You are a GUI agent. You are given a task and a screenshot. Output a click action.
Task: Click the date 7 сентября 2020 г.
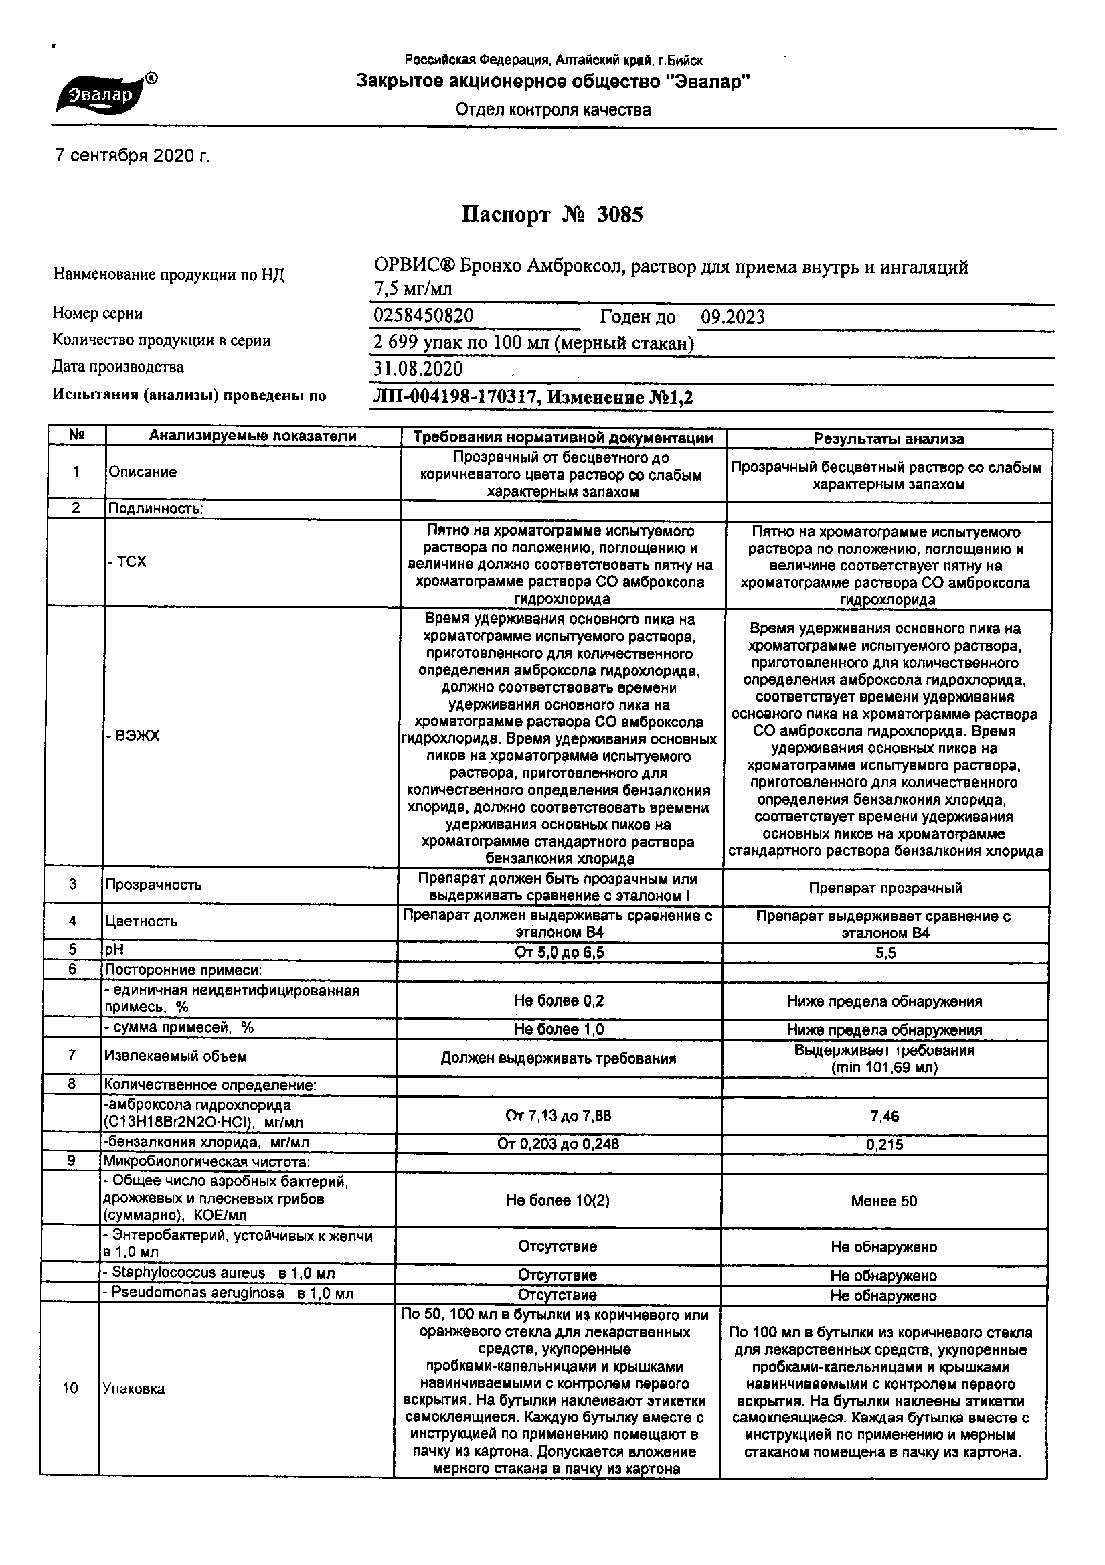pos(133,156)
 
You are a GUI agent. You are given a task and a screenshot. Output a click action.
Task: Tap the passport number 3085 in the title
pos(620,216)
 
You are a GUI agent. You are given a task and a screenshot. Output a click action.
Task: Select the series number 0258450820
pos(424,315)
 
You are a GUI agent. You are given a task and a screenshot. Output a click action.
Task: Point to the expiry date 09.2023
pos(733,317)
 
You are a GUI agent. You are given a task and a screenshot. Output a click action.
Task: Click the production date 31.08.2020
pos(418,369)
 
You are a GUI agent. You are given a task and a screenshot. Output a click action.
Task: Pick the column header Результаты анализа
pos(889,438)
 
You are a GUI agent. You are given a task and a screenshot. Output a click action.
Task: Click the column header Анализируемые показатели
pos(253,436)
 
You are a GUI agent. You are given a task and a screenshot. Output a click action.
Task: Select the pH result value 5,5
pos(885,954)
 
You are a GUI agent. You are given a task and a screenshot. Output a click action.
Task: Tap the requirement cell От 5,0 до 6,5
pos(560,953)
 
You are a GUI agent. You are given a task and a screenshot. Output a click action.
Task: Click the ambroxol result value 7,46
pos(884,1117)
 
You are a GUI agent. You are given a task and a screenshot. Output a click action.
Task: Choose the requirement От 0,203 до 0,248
pos(558,1144)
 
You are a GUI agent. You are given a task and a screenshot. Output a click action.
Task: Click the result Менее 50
pos(884,1201)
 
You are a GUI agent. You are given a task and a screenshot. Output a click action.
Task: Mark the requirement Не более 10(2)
pos(558,1200)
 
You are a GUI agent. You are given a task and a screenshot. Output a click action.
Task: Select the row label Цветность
pos(141,922)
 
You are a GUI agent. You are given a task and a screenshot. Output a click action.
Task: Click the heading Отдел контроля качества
pos(553,110)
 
